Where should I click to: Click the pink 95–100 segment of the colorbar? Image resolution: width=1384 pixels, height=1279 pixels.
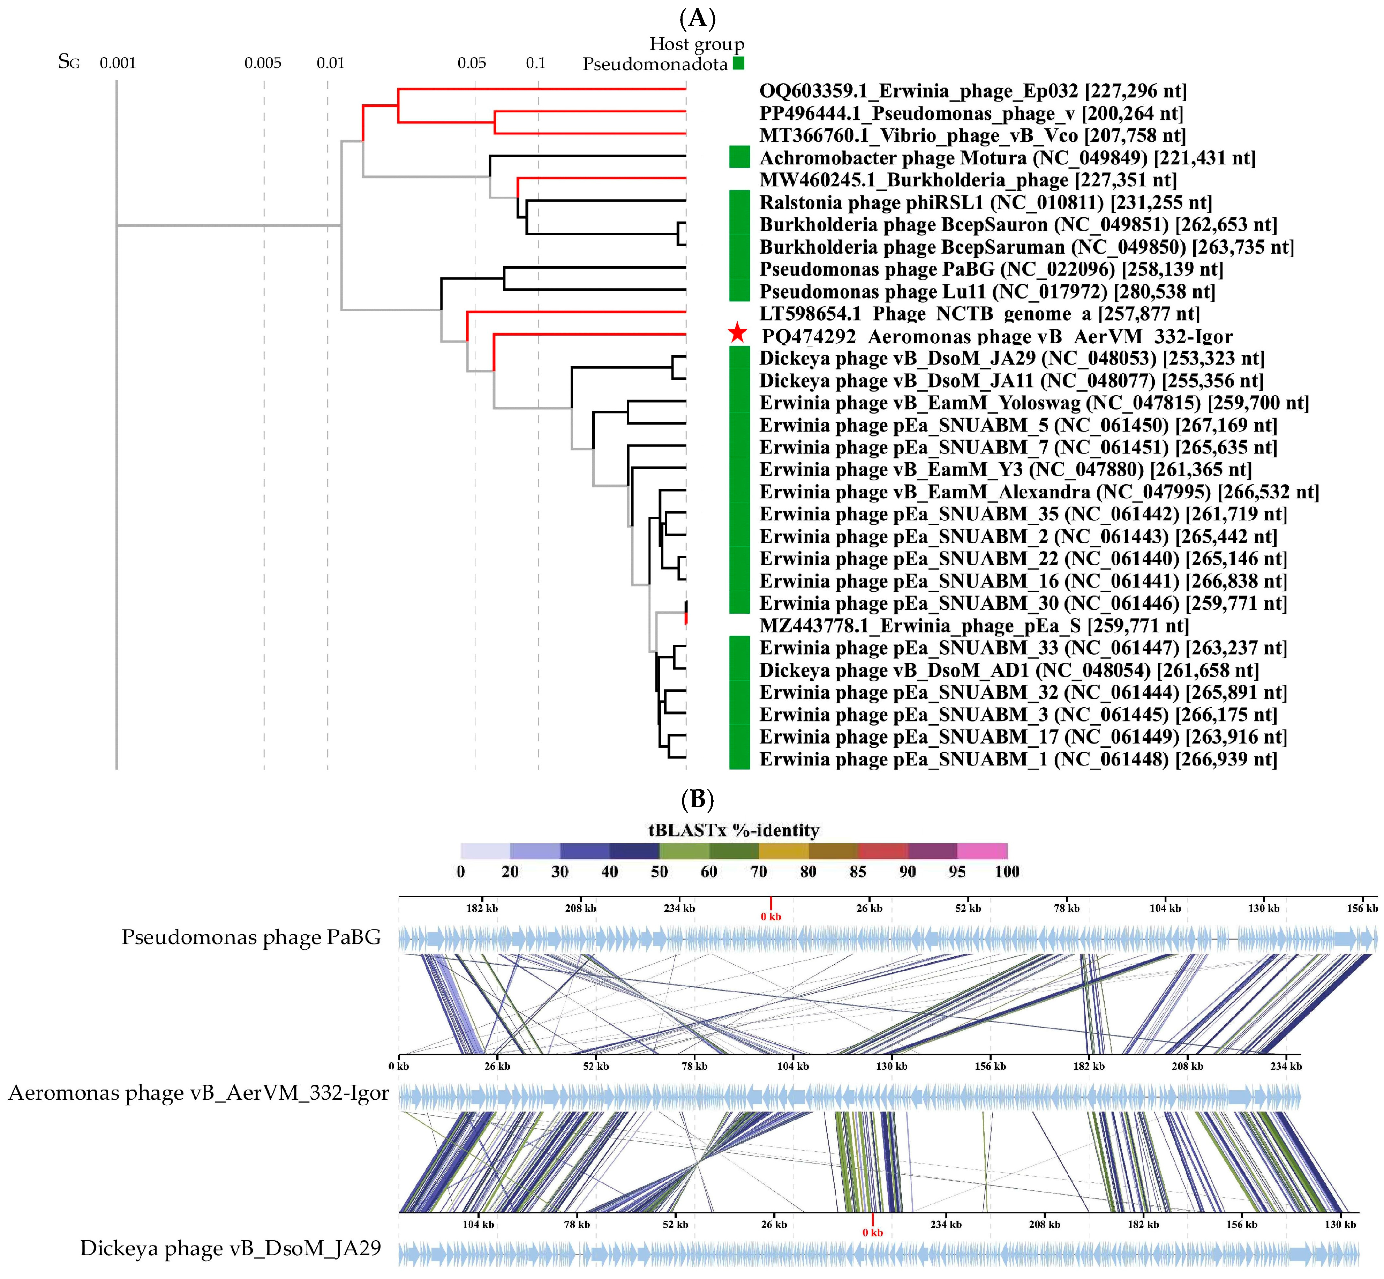tap(982, 851)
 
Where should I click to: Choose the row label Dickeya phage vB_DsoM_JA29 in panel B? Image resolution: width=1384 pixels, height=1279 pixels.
tap(231, 1248)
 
